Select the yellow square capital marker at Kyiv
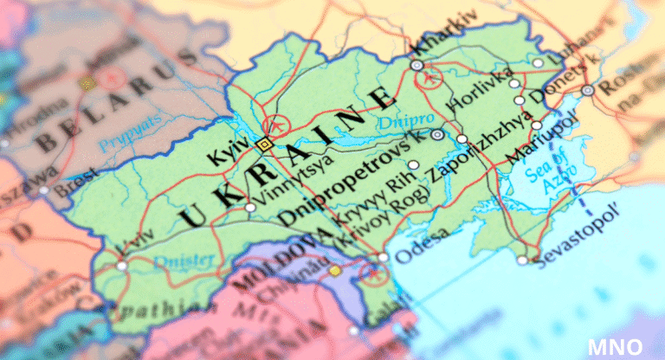(264, 145)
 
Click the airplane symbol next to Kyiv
(276, 127)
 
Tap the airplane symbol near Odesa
(373, 274)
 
